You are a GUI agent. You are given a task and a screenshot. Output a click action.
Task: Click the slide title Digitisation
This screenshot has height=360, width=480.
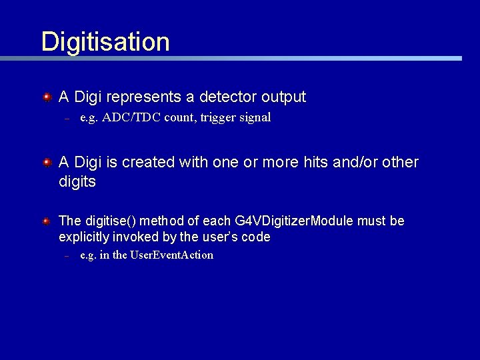point(105,41)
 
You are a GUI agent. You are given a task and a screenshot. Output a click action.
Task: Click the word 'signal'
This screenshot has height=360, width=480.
point(253,118)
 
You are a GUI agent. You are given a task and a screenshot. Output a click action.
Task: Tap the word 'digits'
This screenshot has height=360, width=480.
point(77,182)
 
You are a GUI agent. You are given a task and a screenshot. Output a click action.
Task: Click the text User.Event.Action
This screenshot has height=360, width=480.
point(171,255)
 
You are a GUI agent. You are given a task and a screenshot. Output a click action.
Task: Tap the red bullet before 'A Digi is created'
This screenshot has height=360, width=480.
point(47,163)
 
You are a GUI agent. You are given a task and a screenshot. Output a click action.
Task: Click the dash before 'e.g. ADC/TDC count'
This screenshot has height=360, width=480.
point(67,119)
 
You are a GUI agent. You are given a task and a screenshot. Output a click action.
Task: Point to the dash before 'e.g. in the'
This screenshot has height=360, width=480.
point(67,257)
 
